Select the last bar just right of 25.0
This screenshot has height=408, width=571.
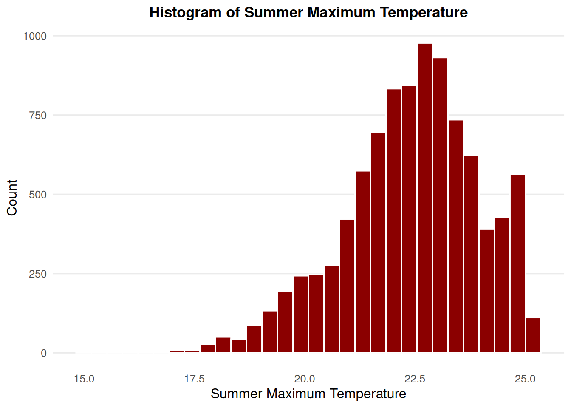533,335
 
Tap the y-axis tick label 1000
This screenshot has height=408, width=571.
35,36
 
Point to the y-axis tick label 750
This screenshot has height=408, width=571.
38,115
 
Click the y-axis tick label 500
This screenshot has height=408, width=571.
38,195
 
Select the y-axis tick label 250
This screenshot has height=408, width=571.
38,274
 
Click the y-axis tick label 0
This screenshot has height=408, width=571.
44,353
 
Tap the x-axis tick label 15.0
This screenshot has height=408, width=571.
84,379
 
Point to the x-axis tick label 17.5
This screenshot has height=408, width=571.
194,379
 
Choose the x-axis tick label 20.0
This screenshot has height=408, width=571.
305,379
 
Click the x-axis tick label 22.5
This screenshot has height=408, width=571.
415,379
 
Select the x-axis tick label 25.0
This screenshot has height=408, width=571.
525,379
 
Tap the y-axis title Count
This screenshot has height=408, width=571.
12,198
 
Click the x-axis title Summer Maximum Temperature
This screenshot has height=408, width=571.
308,394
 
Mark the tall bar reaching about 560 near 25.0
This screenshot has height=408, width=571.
517,263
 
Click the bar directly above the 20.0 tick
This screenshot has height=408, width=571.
301,314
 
